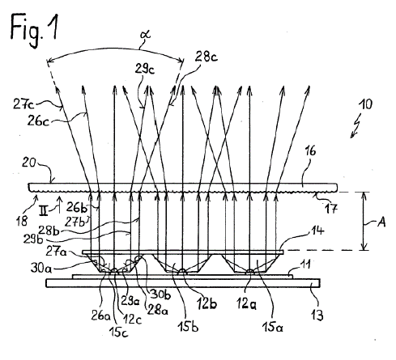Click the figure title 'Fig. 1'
34,30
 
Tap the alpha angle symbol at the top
146,36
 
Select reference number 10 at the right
366,104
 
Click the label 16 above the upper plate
310,151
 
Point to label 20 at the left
29,163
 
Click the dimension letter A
381,222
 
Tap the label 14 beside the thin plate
317,231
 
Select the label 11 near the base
305,265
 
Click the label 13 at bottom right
317,315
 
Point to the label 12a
246,304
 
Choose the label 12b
207,303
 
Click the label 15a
272,327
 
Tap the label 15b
188,327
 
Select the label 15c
118,332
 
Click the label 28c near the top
207,57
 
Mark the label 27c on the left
23,104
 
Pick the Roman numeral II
43,210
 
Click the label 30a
40,268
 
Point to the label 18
22,221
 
